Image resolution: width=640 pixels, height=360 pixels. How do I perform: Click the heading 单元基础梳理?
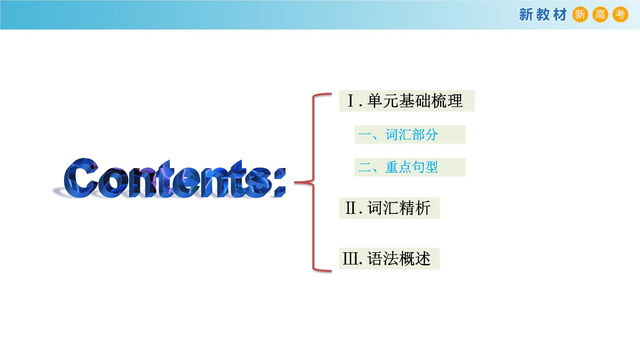tap(415, 101)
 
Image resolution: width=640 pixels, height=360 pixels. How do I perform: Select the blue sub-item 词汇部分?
tap(412, 135)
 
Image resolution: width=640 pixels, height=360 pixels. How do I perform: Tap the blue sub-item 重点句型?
tap(412, 167)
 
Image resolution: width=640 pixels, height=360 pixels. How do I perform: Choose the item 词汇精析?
tap(399, 208)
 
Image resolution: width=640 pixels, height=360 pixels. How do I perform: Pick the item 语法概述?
tap(399, 258)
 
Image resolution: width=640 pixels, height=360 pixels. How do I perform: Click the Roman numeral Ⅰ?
tap(351, 101)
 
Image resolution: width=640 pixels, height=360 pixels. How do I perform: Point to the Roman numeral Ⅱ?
tap(351, 208)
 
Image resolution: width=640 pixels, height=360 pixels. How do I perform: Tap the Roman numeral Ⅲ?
tap(351, 258)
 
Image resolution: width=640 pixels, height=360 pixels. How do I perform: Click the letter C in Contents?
tap(80, 178)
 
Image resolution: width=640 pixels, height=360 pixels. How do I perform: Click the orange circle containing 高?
tap(600, 14)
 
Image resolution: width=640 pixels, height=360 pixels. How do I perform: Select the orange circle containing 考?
tap(620, 14)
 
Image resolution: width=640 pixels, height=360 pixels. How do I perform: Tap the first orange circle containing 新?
tap(580, 14)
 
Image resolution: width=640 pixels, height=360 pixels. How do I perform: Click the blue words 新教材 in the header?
tap(543, 14)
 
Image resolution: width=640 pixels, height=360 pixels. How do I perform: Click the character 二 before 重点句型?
tap(365, 167)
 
